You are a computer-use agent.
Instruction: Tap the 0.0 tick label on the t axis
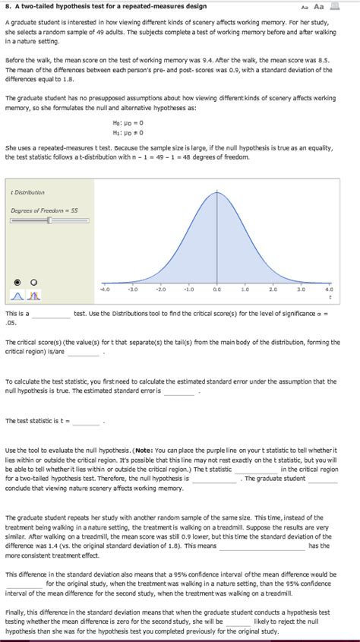click(216, 289)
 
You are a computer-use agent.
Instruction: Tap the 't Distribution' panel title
click(27, 192)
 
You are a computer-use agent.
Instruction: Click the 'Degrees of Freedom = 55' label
click(44, 209)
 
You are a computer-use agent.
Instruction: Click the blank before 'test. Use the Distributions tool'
click(50, 313)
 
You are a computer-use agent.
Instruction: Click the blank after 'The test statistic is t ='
click(87, 420)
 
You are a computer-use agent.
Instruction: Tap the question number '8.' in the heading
click(6, 5)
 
